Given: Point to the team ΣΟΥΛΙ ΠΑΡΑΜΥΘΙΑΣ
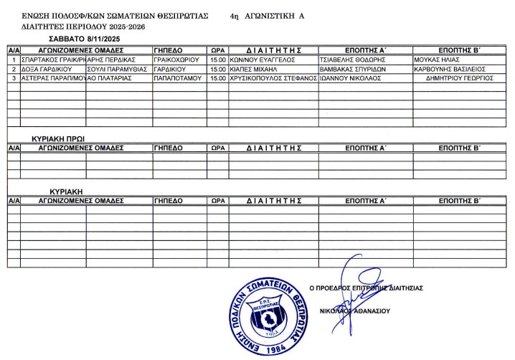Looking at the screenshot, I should pyautogui.click(x=117, y=69).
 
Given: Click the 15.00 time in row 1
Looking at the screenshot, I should pyautogui.click(x=217, y=60).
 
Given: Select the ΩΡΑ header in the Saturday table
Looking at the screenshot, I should pyautogui.click(x=217, y=51).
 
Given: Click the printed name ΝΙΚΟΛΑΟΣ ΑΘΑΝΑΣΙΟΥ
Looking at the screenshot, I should pyautogui.click(x=359, y=311).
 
